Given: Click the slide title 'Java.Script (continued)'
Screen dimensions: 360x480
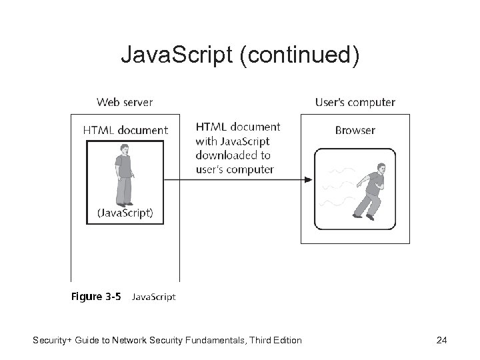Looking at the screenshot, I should click(240, 55).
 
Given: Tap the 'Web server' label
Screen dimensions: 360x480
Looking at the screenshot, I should click(125, 102).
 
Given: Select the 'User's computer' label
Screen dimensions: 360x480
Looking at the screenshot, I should click(355, 102).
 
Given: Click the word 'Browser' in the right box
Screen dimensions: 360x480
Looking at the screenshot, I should click(355, 130).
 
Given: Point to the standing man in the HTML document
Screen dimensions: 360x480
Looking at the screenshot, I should click(123, 174).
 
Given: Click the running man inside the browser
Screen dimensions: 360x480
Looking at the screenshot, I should click(369, 189).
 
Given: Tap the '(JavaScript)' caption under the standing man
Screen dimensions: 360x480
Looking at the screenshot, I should click(125, 213).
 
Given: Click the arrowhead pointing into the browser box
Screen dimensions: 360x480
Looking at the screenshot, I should click(308, 179).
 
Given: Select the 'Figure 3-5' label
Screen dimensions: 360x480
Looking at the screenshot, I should click(96, 297).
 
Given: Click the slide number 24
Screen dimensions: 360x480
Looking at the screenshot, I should click(441, 341).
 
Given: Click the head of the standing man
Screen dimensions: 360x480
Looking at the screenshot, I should click(123, 149).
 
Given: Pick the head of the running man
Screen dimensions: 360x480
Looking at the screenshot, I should click(381, 168).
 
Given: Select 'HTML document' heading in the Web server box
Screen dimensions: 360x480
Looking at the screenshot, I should click(125, 130).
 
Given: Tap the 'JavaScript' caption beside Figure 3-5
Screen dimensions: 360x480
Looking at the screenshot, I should click(154, 297).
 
